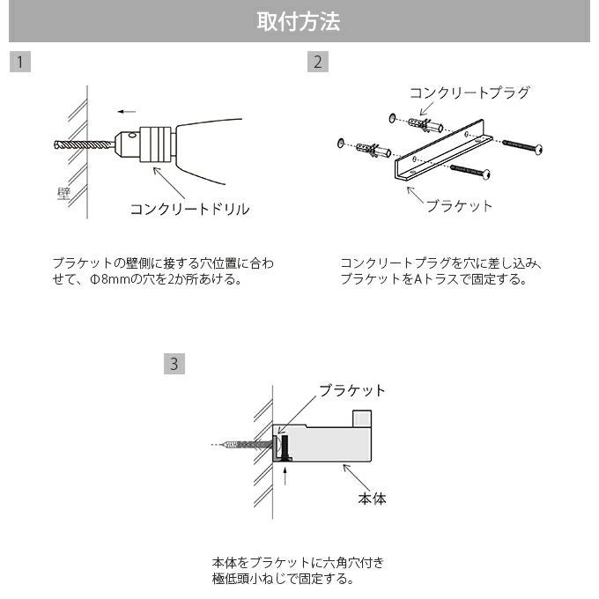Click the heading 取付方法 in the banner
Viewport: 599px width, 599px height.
(x=299, y=22)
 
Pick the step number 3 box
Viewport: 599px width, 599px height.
(x=174, y=363)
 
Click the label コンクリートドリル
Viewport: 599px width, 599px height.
(x=189, y=209)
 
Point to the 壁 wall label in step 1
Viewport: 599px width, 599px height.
(x=63, y=193)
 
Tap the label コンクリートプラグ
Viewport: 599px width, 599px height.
(x=470, y=92)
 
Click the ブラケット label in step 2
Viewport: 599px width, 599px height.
(x=459, y=205)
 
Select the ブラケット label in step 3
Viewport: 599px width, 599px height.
(x=351, y=390)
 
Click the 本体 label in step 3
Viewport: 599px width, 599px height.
(x=372, y=499)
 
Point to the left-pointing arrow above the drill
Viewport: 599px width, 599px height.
(x=127, y=112)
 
